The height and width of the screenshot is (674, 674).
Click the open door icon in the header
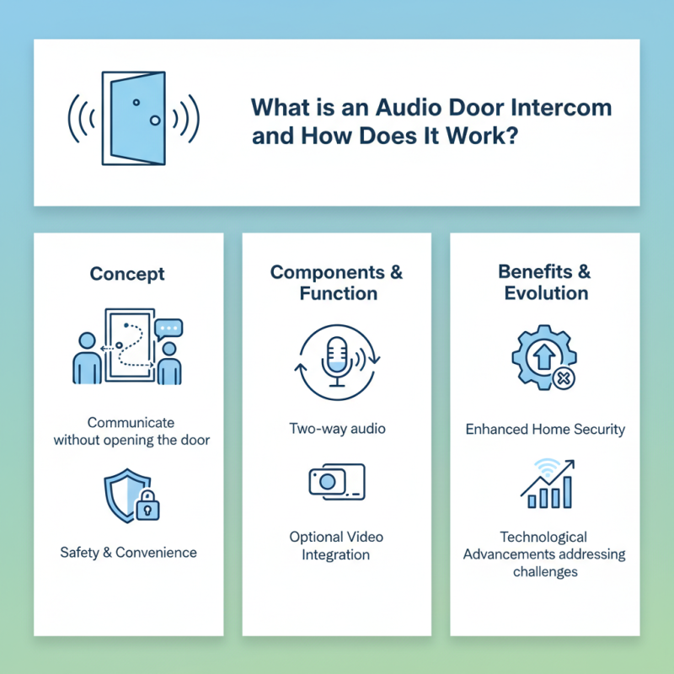(133, 118)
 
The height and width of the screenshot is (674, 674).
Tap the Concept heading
(127, 275)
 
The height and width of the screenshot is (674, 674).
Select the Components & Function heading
(336, 282)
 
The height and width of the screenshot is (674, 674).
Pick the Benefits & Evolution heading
(545, 282)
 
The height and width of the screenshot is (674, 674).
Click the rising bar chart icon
(548, 487)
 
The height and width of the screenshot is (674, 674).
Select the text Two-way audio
(336, 429)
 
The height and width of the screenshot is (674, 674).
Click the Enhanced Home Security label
(545, 429)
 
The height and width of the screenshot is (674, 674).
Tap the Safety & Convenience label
(128, 553)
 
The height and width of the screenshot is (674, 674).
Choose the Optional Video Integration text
(336, 546)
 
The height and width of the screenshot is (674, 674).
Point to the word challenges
(545, 572)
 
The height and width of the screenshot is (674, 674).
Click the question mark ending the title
(509, 136)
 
